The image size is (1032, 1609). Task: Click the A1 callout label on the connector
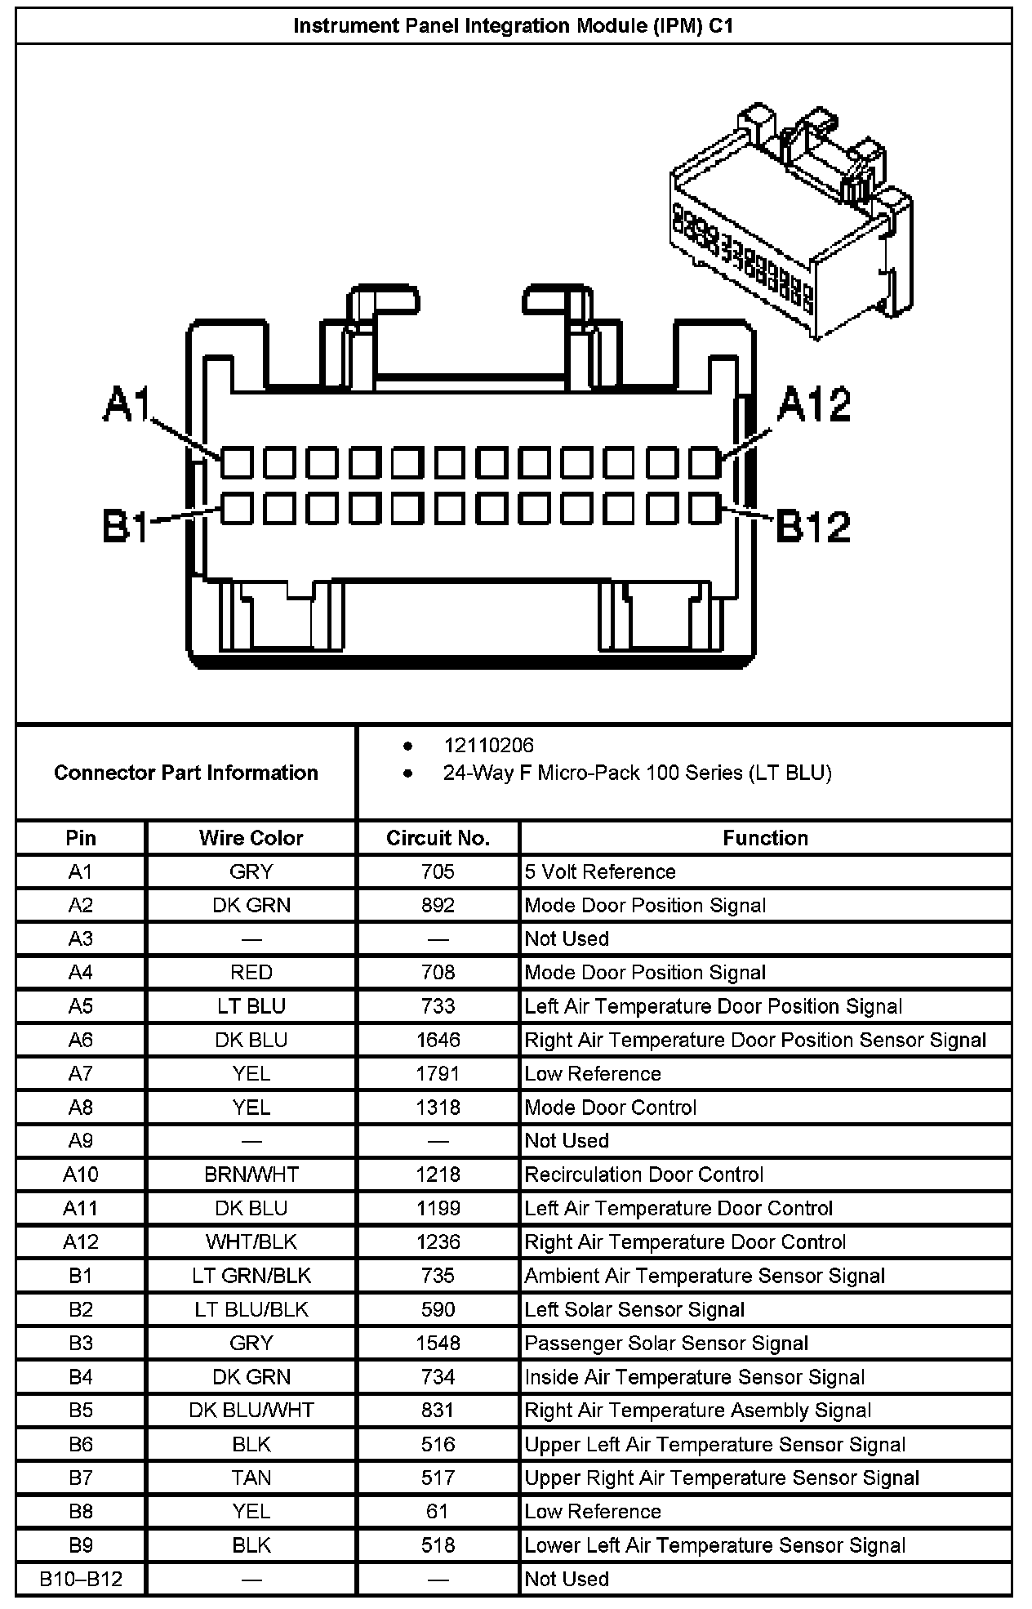point(126,405)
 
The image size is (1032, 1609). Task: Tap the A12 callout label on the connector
point(814,404)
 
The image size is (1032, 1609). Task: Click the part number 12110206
point(488,745)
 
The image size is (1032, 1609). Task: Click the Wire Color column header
point(251,838)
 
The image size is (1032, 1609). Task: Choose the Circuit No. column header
point(438,838)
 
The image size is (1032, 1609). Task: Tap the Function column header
point(765,838)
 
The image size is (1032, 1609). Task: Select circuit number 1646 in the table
point(438,1040)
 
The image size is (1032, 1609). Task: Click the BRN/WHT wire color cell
point(251,1174)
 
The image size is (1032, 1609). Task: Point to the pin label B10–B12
point(81,1579)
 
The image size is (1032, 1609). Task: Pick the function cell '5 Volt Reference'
point(600,871)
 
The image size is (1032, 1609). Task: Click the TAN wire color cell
point(251,1478)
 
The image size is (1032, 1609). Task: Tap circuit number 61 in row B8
point(438,1511)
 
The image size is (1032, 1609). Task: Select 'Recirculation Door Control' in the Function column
point(643,1174)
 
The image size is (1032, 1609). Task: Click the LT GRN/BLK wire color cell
point(251,1276)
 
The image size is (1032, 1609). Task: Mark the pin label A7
point(81,1073)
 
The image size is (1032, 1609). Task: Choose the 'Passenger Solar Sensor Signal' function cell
point(666,1344)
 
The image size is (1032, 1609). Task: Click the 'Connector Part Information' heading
point(186,773)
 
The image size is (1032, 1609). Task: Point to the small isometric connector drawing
point(790,221)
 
